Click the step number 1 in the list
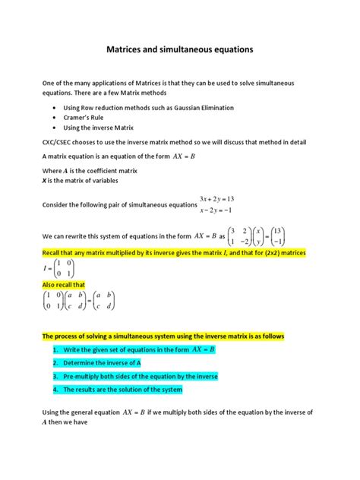[x=56, y=350]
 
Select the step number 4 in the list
[x=56, y=389]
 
